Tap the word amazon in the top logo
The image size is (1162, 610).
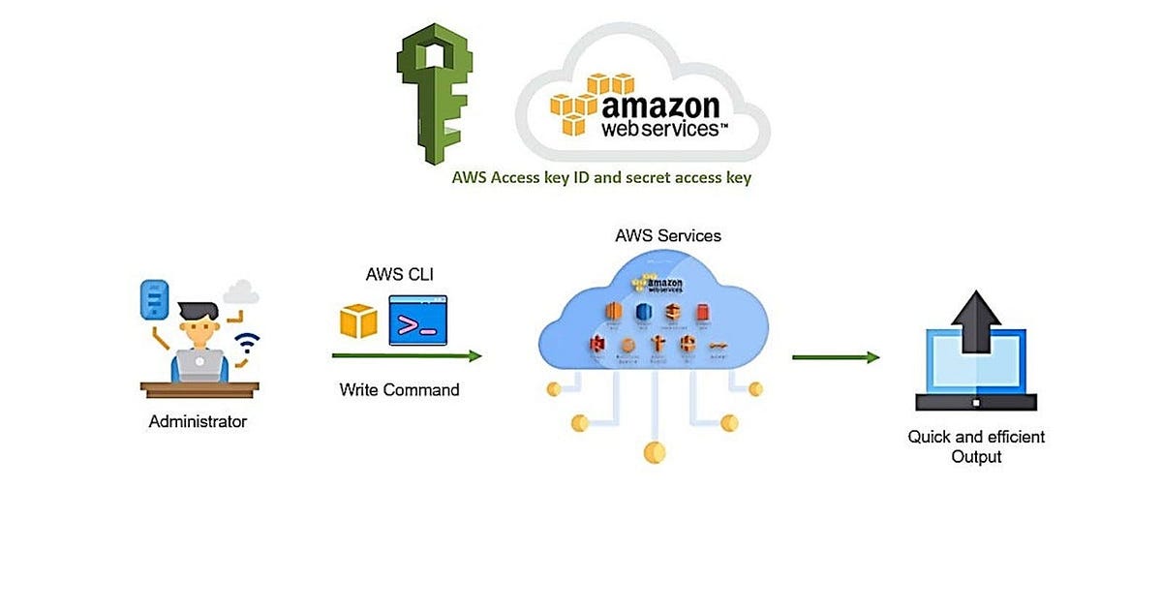659,105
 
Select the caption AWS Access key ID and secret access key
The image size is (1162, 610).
601,178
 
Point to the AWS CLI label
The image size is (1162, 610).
399,275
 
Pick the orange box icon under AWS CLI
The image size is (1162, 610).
358,320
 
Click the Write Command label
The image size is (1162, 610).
399,390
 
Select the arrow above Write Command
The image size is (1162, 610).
407,355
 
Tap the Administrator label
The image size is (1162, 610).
198,422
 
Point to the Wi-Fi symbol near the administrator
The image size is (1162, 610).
249,343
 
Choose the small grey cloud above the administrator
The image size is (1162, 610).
241,290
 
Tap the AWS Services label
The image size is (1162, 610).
667,235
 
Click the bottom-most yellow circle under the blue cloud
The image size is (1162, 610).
655,451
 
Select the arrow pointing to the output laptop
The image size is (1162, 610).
835,357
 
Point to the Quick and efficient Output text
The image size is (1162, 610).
975,446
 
